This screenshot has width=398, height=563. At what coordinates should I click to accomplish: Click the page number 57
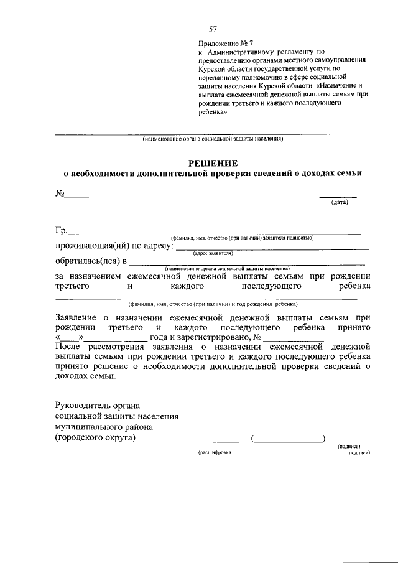213,29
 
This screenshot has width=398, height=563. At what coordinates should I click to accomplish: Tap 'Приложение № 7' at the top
222,44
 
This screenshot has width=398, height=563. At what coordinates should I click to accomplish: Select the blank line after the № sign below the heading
80,197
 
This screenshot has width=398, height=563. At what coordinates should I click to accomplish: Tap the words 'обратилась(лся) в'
91,261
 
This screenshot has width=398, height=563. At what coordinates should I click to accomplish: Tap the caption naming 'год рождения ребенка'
213,304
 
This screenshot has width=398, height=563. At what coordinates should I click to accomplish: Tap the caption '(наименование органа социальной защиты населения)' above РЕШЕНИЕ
213,139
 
